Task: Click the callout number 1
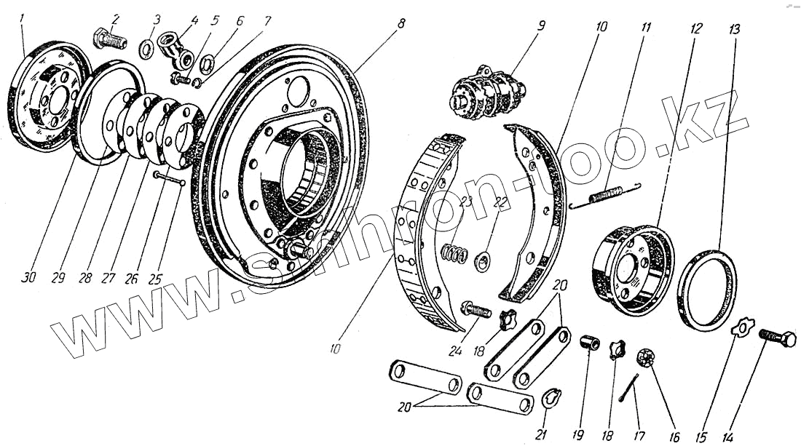23,17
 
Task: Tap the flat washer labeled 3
146,49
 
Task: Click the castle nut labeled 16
643,357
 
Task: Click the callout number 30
28,278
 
